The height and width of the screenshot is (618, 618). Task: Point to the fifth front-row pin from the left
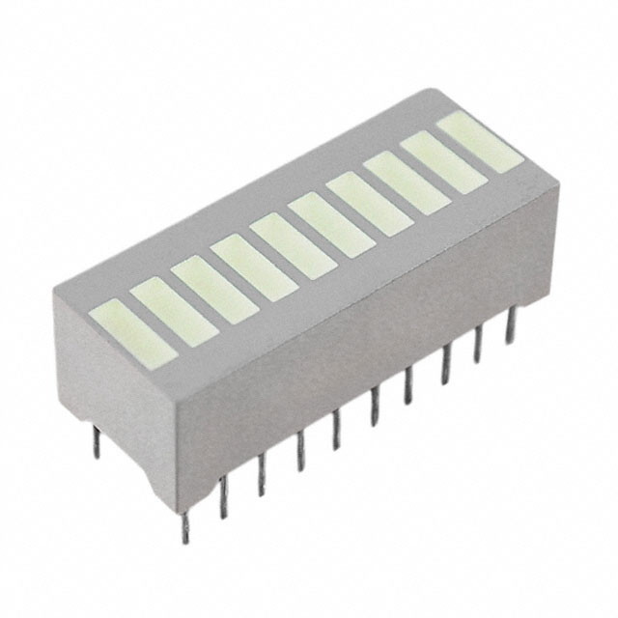point(336,431)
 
